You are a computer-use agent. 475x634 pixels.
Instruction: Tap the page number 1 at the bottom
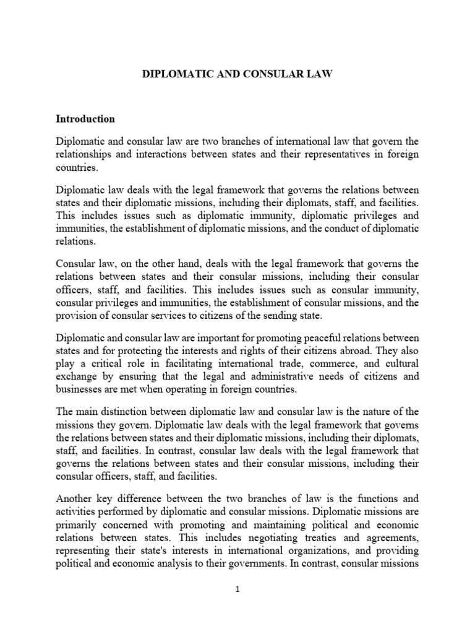(x=237, y=607)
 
